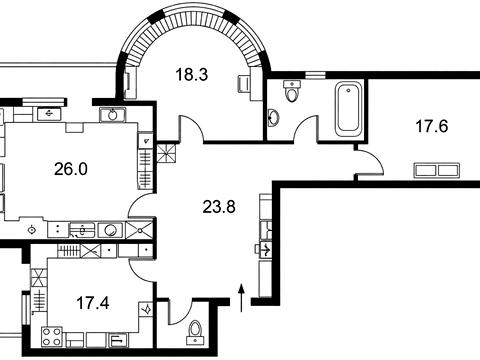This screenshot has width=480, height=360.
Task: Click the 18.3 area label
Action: pyautogui.click(x=192, y=74)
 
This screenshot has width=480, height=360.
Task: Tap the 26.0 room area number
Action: pyautogui.click(x=71, y=169)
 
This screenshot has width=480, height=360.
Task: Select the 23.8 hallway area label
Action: pyautogui.click(x=219, y=207)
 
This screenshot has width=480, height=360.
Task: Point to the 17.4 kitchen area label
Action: pyautogui.click(x=93, y=303)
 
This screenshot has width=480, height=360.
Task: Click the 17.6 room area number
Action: pyautogui.click(x=432, y=126)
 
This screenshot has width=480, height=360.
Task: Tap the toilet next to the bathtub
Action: pyautogui.click(x=292, y=91)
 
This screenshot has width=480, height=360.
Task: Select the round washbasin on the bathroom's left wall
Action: pyautogui.click(x=274, y=118)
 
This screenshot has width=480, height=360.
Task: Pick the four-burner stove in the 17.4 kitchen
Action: pyautogui.click(x=52, y=337)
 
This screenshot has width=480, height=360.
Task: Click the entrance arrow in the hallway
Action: pyautogui.click(x=242, y=298)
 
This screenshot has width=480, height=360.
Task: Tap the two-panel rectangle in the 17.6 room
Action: pyautogui.click(x=437, y=170)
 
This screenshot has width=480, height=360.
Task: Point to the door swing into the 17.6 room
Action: pyautogui.click(x=378, y=157)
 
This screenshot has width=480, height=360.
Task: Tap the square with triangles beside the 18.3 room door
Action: pyautogui.click(x=166, y=153)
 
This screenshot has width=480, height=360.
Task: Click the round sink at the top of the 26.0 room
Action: pyautogui.click(x=113, y=115)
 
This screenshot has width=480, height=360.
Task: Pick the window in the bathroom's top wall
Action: pyautogui.click(x=315, y=75)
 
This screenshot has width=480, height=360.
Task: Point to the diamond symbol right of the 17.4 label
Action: pyautogui.click(x=146, y=309)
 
